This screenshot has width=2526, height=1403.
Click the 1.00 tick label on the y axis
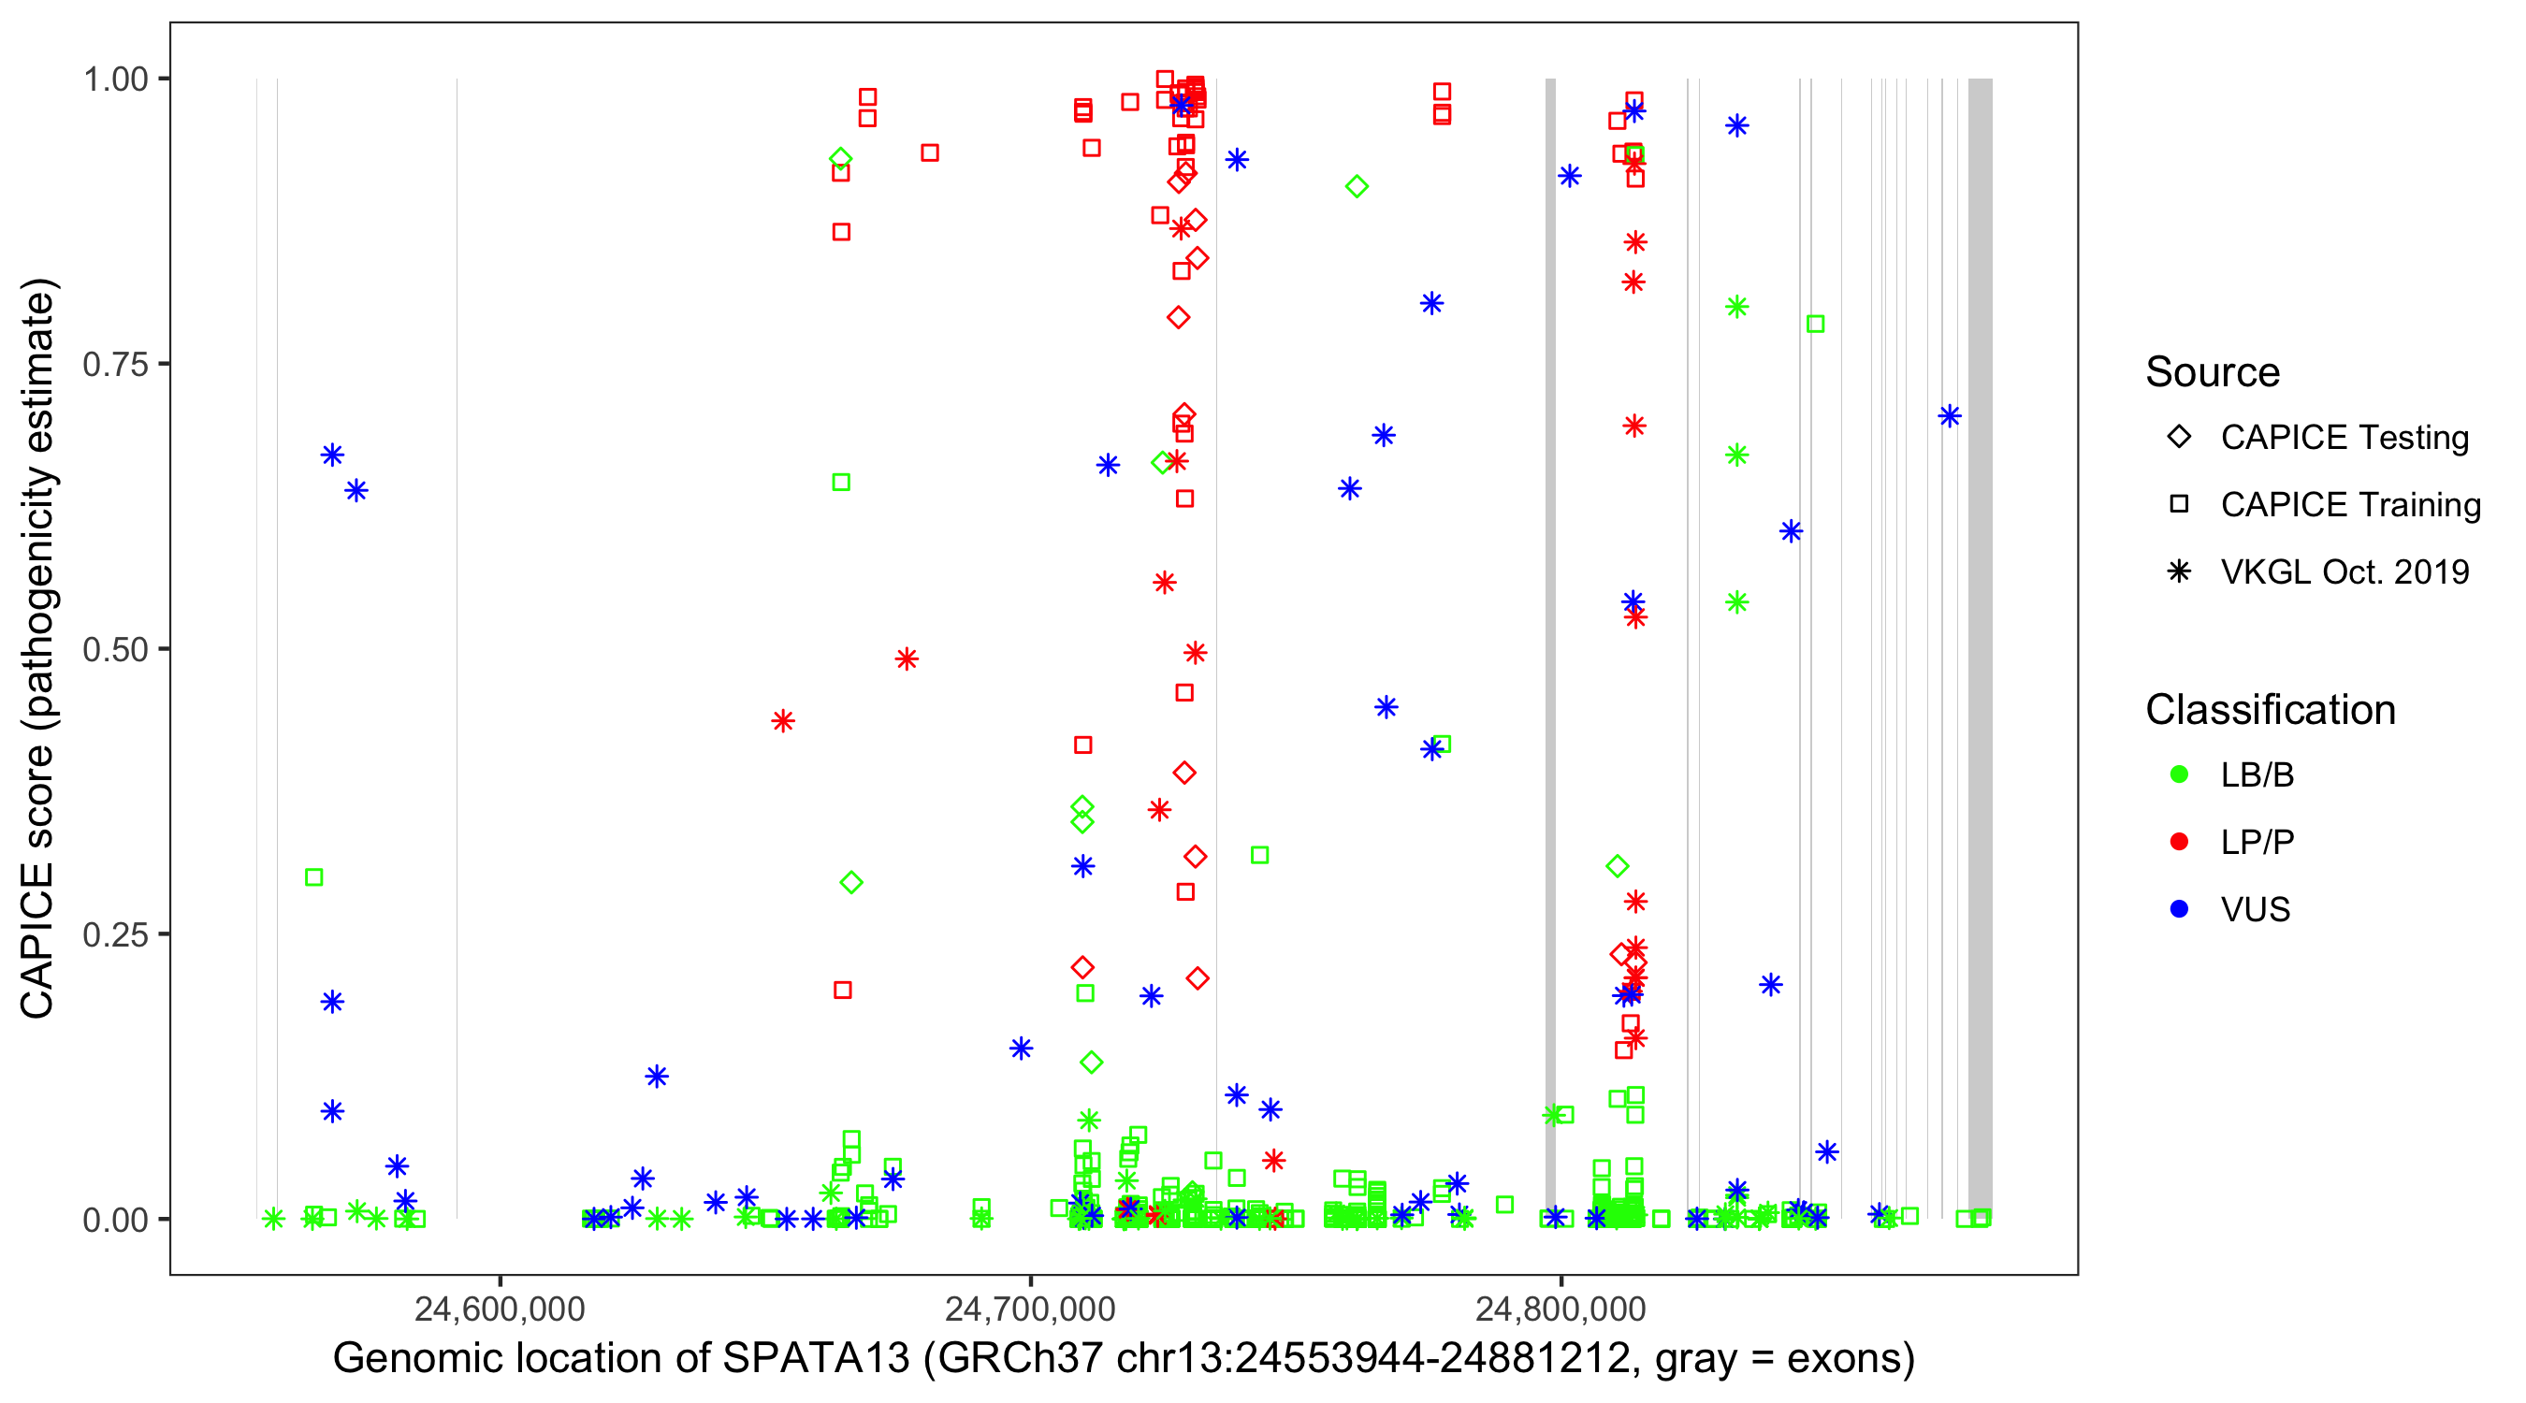115,80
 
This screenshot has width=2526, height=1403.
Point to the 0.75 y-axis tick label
115,365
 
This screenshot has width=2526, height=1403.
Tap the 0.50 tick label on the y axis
115,649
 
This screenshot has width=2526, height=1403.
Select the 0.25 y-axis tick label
115,934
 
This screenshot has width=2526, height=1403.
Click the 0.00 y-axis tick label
115,1220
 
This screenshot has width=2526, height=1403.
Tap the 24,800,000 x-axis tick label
1561,1309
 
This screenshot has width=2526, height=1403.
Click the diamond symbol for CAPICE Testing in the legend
2179,438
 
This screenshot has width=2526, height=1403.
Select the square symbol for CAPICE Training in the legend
2179,505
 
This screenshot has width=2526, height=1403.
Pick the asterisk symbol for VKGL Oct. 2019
2179,571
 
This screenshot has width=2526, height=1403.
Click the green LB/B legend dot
2179,774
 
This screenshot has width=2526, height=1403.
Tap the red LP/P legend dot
2179,842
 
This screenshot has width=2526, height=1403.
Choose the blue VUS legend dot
2179,910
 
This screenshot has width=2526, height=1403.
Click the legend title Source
2213,372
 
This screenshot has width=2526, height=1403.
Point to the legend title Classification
2270,710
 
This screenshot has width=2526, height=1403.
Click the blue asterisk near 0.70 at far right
1950,416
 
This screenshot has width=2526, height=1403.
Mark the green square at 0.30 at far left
313,877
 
